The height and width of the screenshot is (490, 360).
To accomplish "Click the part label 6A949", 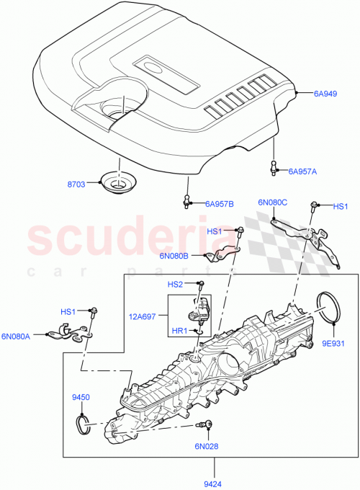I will click(x=325, y=93).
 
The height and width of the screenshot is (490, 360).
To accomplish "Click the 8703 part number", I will click(x=76, y=184).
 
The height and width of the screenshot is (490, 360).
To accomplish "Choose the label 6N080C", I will click(x=272, y=202).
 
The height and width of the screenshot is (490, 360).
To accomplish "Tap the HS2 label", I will click(x=176, y=285).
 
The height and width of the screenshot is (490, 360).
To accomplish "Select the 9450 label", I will click(x=81, y=396).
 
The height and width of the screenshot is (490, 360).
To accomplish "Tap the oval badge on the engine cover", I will click(x=153, y=68).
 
